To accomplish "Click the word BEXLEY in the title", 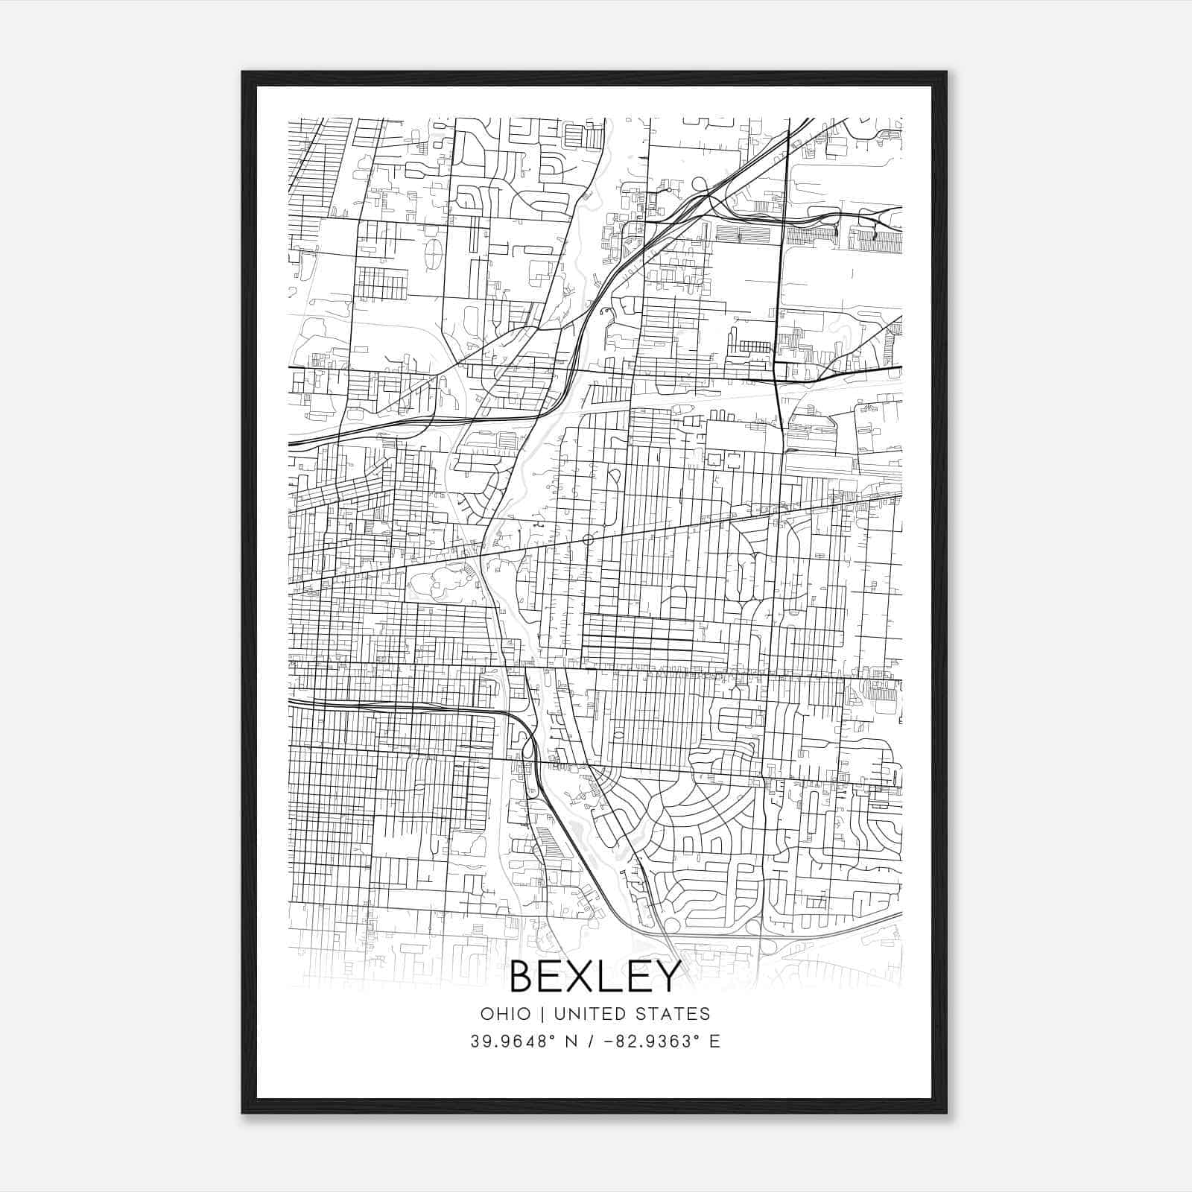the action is coord(595,977).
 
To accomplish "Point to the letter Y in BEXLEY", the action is coord(668,977).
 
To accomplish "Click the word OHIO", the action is coord(506,1013).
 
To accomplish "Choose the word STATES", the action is coord(673,1013).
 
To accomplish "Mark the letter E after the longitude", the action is coord(715,1042).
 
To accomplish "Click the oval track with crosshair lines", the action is coord(432,253).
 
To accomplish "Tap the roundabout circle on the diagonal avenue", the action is coord(588,539).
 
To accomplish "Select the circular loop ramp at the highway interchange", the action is coord(700,183).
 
